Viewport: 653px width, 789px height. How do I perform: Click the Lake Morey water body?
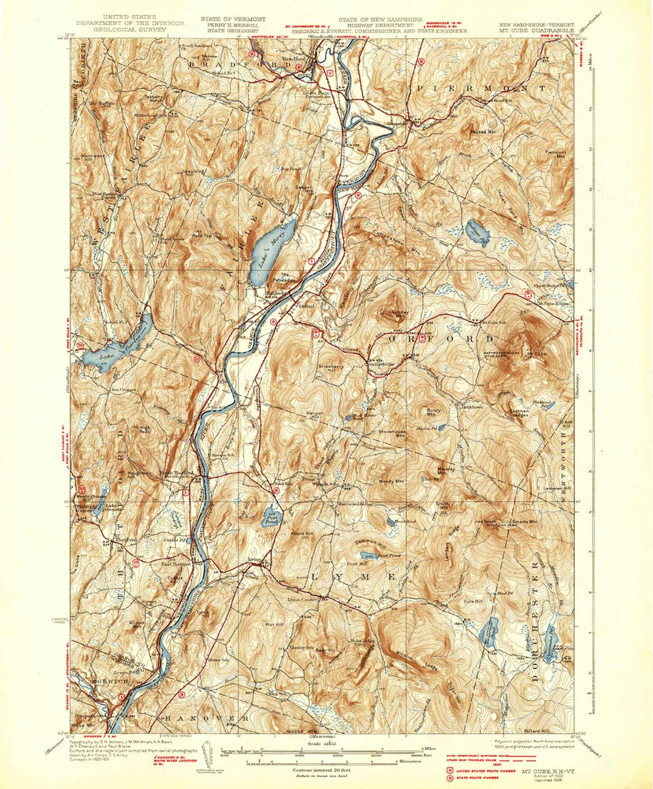(x=273, y=246)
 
